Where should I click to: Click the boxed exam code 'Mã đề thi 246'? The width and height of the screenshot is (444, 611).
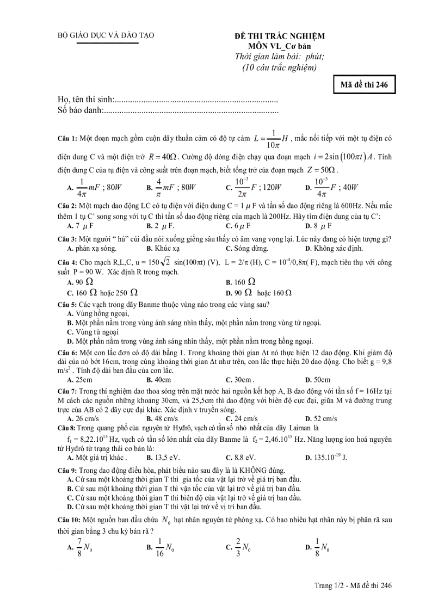(364, 85)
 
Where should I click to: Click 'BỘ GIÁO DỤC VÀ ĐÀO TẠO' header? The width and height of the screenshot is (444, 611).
(106, 35)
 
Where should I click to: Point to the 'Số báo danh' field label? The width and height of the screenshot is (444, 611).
(80, 111)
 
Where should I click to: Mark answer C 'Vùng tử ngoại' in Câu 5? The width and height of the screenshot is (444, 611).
(92, 331)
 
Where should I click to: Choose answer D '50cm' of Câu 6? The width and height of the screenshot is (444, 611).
(318, 380)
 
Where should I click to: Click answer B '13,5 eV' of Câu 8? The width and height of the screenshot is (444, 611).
(161, 457)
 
